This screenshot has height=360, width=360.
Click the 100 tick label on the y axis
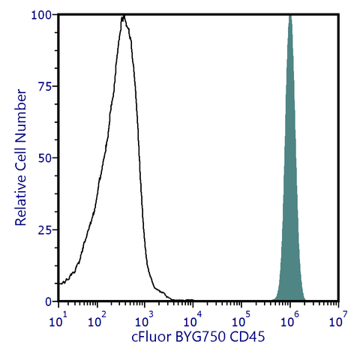pos(41,15)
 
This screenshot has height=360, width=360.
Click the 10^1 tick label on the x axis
pos(58,320)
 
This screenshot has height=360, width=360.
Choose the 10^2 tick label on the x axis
pos(97,320)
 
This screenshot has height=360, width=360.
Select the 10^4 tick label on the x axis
pos(193,320)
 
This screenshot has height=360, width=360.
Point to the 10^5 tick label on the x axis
pos(241,320)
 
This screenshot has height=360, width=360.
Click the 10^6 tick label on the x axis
pos(289,320)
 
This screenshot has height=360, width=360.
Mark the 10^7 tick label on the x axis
pos(337,320)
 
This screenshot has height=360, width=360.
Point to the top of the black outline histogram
pos(123,16)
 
